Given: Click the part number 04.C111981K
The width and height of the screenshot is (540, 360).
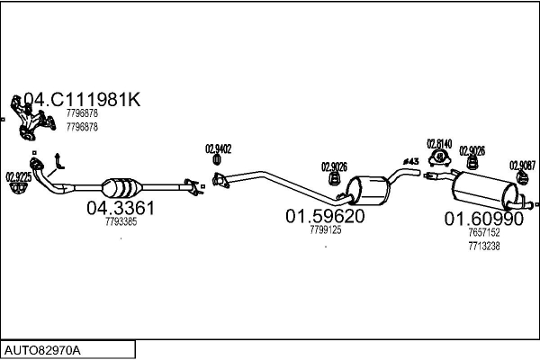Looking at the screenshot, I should (81, 100).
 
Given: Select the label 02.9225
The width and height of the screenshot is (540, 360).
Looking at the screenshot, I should (18, 176).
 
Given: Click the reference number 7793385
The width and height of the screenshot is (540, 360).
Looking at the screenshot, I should (121, 221).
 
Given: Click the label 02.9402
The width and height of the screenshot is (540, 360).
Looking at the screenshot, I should (219, 149).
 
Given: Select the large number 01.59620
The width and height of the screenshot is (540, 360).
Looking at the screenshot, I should (325, 217).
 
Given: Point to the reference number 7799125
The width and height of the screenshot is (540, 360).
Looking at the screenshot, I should (325, 230).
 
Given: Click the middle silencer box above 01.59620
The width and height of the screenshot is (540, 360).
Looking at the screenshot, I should (367, 190).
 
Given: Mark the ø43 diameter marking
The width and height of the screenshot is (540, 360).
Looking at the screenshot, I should (410, 161).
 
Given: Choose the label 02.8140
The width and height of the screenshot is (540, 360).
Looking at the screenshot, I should (440, 144).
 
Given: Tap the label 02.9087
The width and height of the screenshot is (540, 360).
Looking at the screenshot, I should (521, 165).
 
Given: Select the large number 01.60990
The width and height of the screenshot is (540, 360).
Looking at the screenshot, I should (483, 219).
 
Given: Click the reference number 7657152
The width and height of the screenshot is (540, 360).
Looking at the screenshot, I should (483, 232).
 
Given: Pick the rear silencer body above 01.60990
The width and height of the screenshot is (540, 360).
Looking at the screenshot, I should (486, 190).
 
